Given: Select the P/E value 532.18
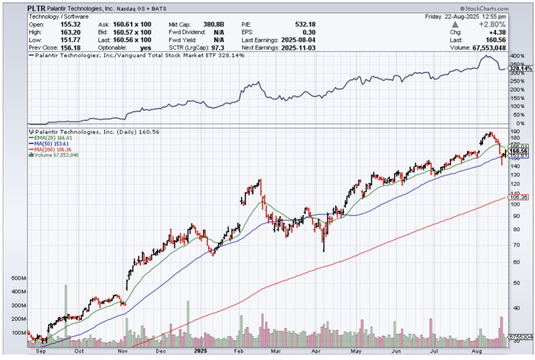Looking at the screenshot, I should click(x=305, y=25).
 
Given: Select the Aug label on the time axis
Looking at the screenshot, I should click(x=476, y=351).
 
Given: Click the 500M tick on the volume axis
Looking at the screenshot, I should click(x=19, y=278).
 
